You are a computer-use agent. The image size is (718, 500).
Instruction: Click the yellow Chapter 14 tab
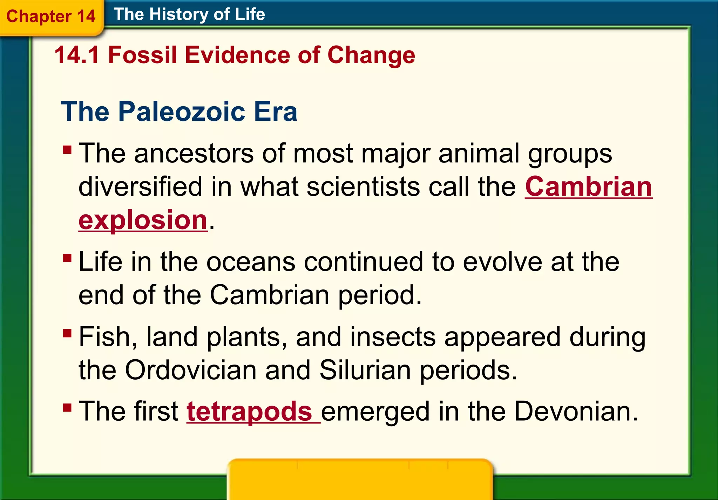[51, 16]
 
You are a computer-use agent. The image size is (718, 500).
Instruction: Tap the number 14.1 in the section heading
[77, 55]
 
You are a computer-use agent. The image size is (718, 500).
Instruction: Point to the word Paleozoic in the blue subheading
[182, 112]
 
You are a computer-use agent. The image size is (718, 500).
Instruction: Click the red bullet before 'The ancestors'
[67, 150]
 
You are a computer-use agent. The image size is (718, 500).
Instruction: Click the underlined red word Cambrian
[588, 187]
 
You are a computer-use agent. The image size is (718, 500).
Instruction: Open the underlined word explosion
[143, 220]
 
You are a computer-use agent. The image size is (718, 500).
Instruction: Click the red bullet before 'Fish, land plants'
[67, 333]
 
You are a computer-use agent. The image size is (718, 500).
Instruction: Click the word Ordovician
[191, 370]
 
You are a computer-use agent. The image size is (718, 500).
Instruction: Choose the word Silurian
[365, 370]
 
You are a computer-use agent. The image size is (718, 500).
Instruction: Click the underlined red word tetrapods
[249, 411]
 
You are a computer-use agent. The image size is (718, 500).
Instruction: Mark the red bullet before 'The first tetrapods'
[67, 407]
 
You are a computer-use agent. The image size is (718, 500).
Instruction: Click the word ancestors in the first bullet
[194, 154]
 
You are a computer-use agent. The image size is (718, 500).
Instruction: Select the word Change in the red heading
[371, 55]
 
